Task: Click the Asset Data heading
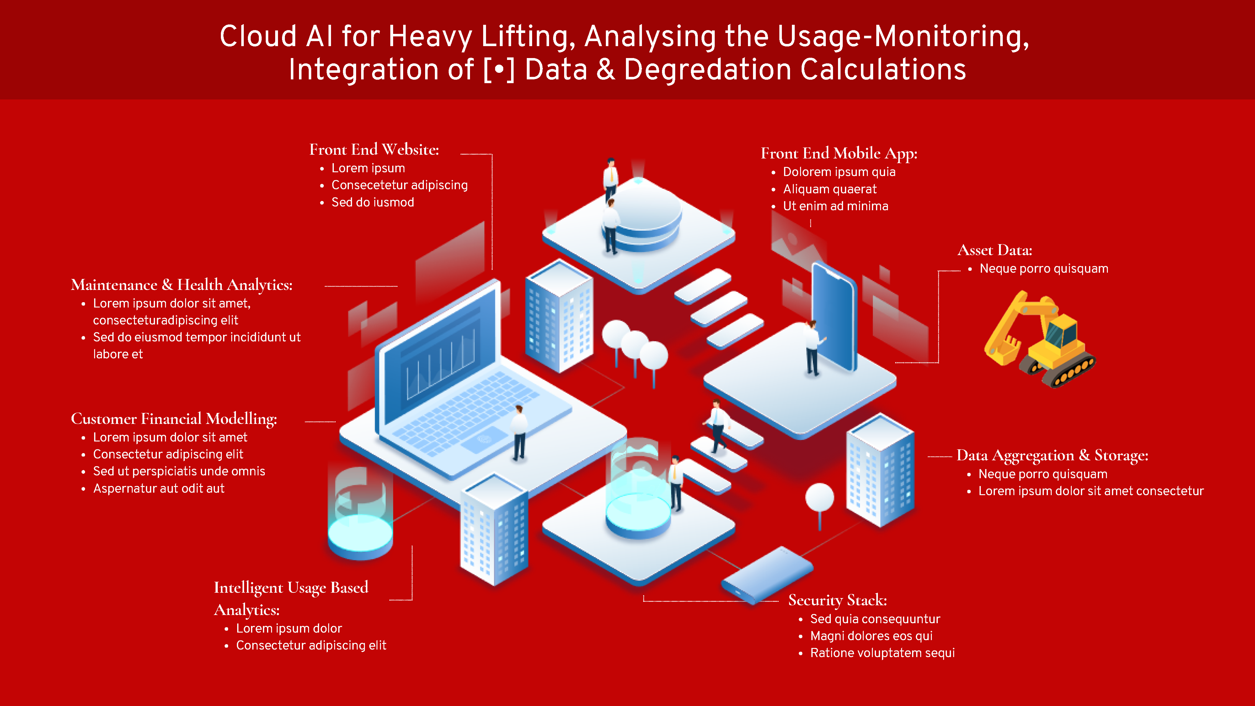[x=994, y=250]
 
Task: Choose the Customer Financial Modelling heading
[x=174, y=419]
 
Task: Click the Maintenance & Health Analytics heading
[x=181, y=285]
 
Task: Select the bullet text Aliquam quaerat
[x=829, y=189]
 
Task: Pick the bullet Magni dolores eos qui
[x=871, y=636]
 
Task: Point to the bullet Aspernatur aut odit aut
[x=159, y=489]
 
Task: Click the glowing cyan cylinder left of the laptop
[x=360, y=516]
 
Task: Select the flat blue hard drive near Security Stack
[x=767, y=575]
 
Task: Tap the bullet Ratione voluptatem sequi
[x=882, y=653]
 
